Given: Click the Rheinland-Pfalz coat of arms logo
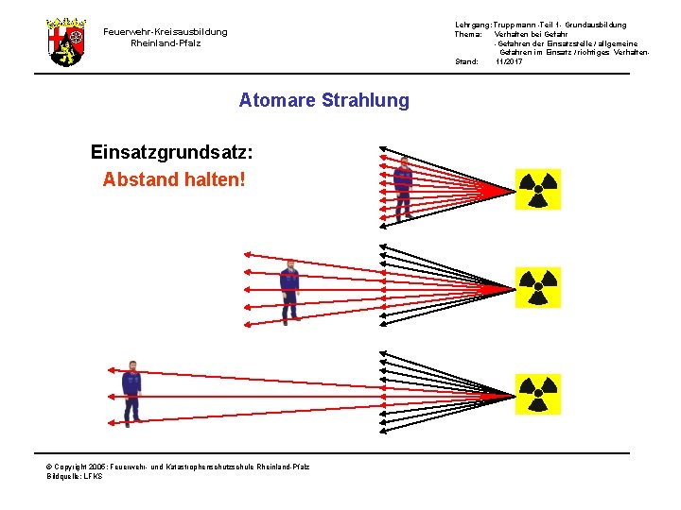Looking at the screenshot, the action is point(66,41).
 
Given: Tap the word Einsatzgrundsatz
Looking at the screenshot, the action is point(171,151).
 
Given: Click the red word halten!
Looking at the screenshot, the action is point(217,178).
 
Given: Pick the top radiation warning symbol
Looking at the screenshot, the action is point(537,189).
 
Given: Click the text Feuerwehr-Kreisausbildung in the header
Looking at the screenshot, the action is point(166,31).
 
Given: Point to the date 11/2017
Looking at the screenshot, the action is point(509,61).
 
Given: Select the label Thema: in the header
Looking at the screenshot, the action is point(469,34).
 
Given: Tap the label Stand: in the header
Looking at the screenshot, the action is point(467,61).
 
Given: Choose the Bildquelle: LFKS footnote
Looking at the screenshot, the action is point(75,476).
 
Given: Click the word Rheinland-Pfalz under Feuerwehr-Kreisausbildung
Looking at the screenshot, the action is point(166,43).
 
